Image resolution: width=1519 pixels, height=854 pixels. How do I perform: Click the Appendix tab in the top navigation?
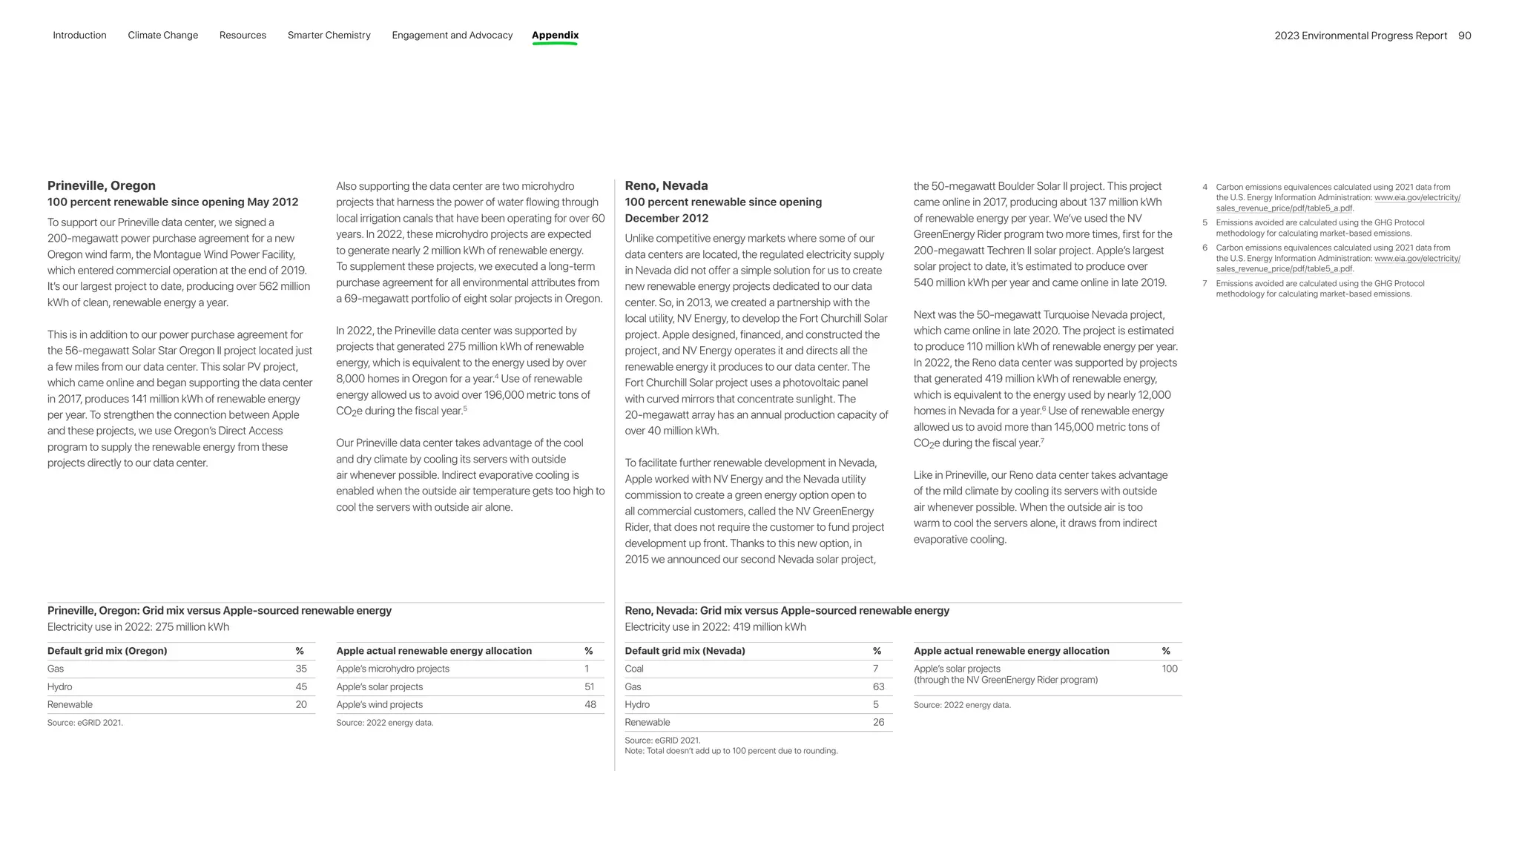[x=555, y=35]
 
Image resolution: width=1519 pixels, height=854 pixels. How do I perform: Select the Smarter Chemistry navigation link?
[x=329, y=35]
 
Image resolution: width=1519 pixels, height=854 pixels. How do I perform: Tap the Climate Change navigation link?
[x=162, y=35]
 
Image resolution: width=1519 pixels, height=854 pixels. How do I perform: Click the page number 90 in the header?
[x=1464, y=36]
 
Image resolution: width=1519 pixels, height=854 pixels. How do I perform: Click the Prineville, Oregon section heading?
[x=102, y=185]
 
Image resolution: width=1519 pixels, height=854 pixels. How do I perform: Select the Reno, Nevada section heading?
[x=666, y=185]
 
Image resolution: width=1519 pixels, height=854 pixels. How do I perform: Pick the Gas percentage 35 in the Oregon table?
[x=301, y=669]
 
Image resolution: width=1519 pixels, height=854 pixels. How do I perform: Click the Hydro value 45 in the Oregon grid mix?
[x=301, y=686]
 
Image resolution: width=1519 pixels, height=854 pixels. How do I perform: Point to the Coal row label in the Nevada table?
[x=634, y=669]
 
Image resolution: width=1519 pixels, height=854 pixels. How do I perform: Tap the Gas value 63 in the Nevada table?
[x=878, y=686]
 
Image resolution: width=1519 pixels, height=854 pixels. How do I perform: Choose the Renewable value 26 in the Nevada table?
[x=878, y=722]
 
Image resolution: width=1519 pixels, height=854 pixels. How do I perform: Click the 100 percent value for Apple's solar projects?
[x=1170, y=669]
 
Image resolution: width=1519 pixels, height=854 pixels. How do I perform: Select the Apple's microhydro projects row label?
[x=392, y=669]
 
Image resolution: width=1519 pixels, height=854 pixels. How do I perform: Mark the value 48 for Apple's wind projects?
[x=590, y=704]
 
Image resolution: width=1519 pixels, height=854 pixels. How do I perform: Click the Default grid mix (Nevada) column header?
[x=685, y=651]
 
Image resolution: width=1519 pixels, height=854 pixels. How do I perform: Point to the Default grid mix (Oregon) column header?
[x=107, y=651]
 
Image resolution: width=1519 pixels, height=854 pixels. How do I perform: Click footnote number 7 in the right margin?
[x=1205, y=283]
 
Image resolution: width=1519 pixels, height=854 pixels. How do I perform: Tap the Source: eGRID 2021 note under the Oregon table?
[x=85, y=723]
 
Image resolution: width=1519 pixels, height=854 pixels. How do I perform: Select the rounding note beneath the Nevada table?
[x=731, y=751]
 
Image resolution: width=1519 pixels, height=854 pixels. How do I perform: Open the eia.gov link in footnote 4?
[x=1417, y=198]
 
